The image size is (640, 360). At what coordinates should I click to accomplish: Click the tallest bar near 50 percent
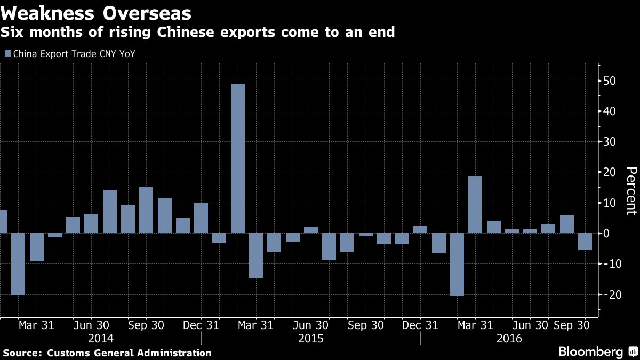coord(238,158)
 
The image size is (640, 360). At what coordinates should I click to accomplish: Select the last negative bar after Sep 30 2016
coord(585,242)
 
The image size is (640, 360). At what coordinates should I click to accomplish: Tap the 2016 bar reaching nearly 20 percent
coord(475,205)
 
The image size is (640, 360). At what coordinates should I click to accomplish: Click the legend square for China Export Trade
coord(8,53)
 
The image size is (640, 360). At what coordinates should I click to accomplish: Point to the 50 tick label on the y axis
coord(610,81)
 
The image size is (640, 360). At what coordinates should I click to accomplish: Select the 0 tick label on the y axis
coord(606,234)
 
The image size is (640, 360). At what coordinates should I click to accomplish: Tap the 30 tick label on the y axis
coord(610,142)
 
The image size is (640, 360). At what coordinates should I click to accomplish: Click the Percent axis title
coord(631,191)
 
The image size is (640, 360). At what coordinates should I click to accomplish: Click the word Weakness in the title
coord(47,13)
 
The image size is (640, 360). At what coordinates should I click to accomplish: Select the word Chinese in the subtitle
coord(186,31)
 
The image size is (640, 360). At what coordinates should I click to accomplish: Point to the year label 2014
coord(101,339)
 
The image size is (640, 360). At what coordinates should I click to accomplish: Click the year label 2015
coord(310,339)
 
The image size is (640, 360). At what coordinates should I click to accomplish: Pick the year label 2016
coord(509,339)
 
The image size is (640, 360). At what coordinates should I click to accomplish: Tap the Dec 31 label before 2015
coord(201,325)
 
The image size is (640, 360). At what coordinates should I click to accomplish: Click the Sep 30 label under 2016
coord(571,325)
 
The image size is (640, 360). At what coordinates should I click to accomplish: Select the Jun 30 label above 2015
coord(311,325)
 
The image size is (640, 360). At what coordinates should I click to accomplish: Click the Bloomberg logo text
coord(591,351)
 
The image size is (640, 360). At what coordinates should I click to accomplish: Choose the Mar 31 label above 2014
coord(37,325)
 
